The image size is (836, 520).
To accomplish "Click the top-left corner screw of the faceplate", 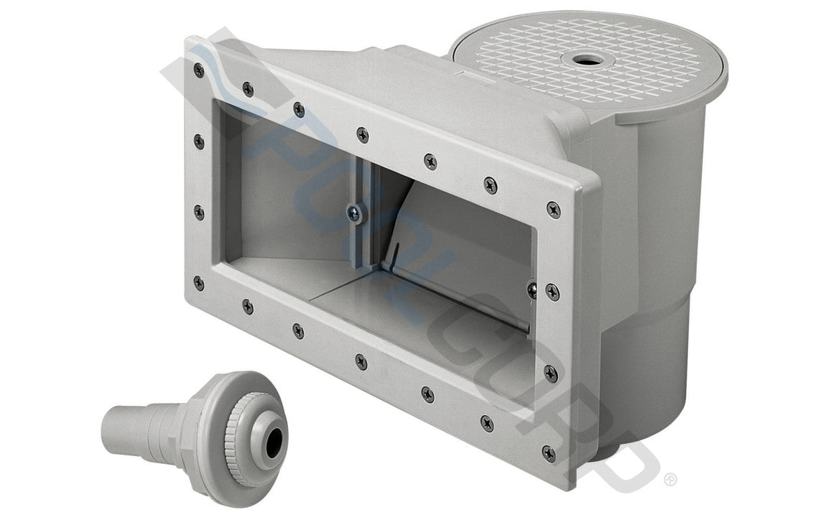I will (x=199, y=70).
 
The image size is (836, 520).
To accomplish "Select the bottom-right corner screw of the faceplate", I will (x=549, y=452).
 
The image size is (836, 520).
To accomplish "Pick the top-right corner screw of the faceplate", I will (x=553, y=209).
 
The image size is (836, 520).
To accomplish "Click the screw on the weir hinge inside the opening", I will (x=352, y=212).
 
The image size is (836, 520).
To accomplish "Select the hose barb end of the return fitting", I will (x=122, y=430).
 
